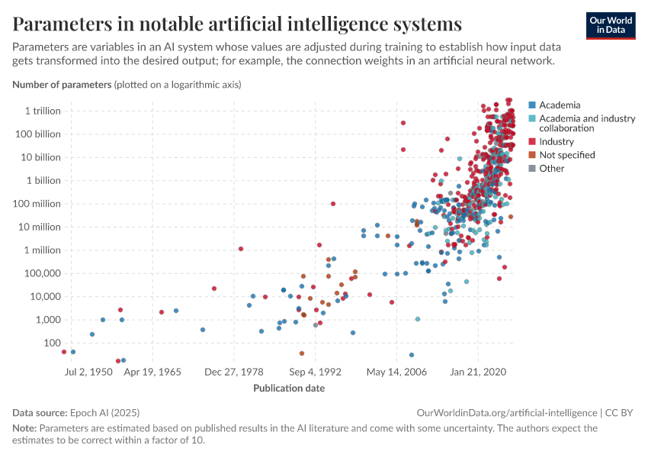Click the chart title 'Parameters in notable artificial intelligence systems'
point(237,24)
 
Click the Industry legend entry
point(556,141)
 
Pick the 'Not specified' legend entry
point(566,155)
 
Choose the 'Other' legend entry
point(551,168)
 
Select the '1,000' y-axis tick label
point(46,320)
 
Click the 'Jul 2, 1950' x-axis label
point(88,373)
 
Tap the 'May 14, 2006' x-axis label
point(396,373)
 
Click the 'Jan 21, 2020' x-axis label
point(478,373)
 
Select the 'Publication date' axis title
point(288,388)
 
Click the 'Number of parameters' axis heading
point(62,84)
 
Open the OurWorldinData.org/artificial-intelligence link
point(507,412)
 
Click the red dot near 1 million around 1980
point(241,249)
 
